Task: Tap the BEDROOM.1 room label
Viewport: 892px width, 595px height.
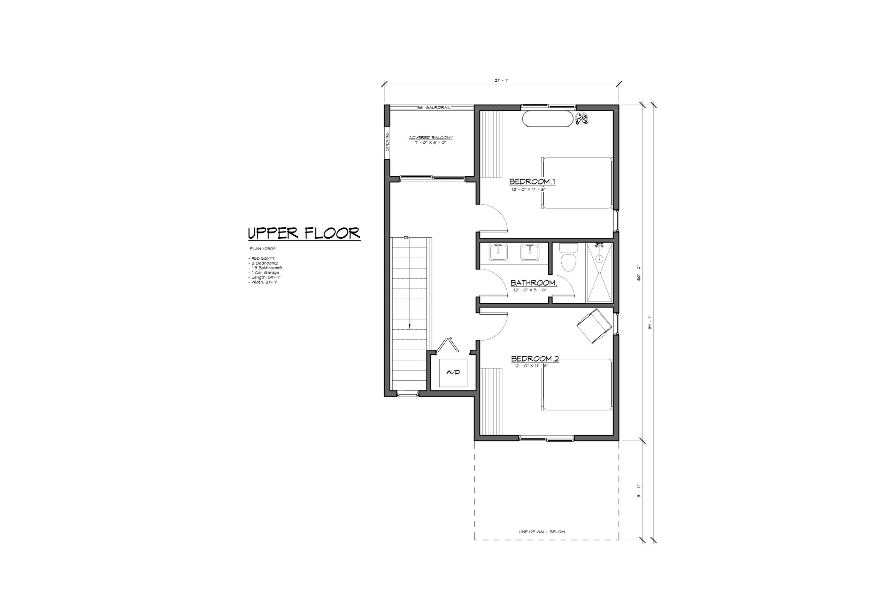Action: click(x=532, y=182)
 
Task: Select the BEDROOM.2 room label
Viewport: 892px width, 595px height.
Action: click(x=535, y=359)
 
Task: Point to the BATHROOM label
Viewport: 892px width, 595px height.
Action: click(x=533, y=283)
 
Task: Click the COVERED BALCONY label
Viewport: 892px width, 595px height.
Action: click(x=430, y=138)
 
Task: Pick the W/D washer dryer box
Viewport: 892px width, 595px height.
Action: click(x=453, y=373)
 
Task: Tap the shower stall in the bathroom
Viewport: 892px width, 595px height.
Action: click(x=599, y=273)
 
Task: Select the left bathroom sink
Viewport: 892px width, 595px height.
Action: click(x=498, y=252)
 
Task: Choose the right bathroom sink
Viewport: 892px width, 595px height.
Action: click(x=529, y=252)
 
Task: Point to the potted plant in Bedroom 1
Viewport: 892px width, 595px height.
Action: click(x=582, y=119)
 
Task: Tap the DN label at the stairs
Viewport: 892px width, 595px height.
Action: click(x=407, y=237)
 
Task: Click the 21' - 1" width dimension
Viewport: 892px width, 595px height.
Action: click(x=501, y=81)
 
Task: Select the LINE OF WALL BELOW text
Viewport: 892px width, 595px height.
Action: click(x=541, y=532)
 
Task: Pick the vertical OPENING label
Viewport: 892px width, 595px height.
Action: click(x=387, y=142)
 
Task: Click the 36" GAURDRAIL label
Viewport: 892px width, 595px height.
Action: click(x=434, y=108)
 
